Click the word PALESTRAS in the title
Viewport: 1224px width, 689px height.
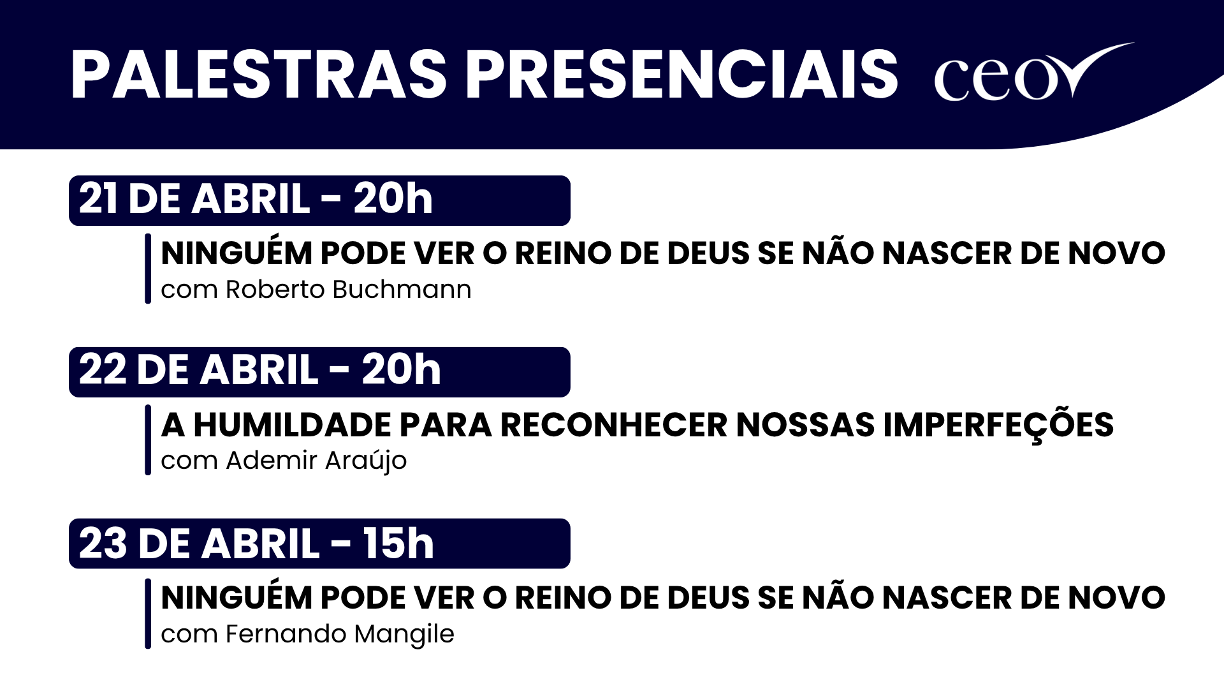coord(258,75)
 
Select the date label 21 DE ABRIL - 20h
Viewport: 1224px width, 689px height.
coord(256,200)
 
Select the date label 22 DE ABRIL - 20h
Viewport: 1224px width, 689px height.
coord(259,371)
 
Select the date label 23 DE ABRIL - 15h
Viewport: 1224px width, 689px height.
coord(256,544)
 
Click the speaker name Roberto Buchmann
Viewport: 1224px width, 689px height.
coord(348,290)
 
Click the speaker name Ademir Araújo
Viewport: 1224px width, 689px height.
coord(316,461)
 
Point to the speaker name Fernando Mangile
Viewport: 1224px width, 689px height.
coord(340,634)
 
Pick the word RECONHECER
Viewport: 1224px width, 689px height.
coord(613,426)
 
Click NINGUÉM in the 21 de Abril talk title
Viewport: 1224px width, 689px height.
coord(237,253)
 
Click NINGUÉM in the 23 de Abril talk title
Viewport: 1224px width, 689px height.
coord(237,598)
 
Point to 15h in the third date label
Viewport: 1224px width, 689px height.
coord(398,544)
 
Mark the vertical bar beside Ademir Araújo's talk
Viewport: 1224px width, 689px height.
coord(148,440)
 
